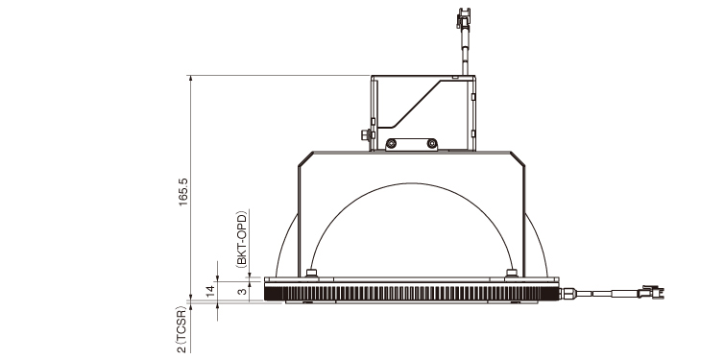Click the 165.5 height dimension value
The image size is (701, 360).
click(183, 192)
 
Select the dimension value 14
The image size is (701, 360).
click(210, 291)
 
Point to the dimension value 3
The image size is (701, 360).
click(242, 291)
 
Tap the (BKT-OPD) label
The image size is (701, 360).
click(241, 239)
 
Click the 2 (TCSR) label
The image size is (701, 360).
click(181, 329)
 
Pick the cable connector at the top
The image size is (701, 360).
click(464, 18)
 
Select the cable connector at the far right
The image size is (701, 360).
click(653, 292)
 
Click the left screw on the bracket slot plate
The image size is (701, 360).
click(392, 144)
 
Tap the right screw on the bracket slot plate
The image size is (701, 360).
click(431, 144)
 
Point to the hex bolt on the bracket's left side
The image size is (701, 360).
click(366, 134)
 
